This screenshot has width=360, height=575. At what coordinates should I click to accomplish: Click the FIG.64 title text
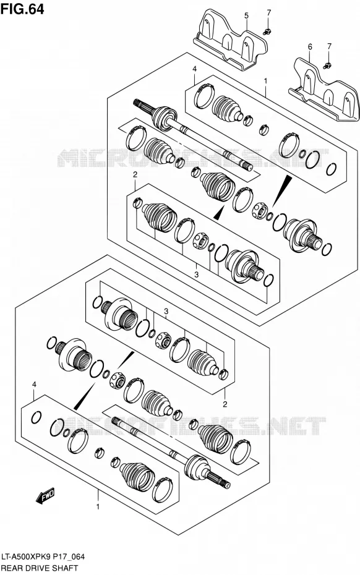(x=23, y=9)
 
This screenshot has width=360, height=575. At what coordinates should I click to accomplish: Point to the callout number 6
(x=310, y=46)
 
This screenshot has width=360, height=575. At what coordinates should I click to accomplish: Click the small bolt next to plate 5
(x=267, y=32)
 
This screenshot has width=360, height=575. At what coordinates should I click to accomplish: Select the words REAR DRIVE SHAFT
(x=40, y=568)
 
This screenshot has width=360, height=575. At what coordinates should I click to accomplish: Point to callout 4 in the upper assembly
(x=194, y=69)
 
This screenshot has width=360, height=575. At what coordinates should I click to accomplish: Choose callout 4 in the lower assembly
(x=34, y=385)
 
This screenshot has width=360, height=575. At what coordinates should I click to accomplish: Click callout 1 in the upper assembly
(x=266, y=80)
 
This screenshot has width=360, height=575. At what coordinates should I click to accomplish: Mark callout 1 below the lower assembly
(x=98, y=507)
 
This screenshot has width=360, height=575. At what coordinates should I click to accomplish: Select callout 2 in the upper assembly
(x=135, y=174)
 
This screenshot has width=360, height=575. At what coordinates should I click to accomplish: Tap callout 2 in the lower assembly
(x=225, y=404)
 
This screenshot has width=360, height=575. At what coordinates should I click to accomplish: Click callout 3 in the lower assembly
(x=166, y=312)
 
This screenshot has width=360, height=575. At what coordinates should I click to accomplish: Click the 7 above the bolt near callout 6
(x=329, y=46)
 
